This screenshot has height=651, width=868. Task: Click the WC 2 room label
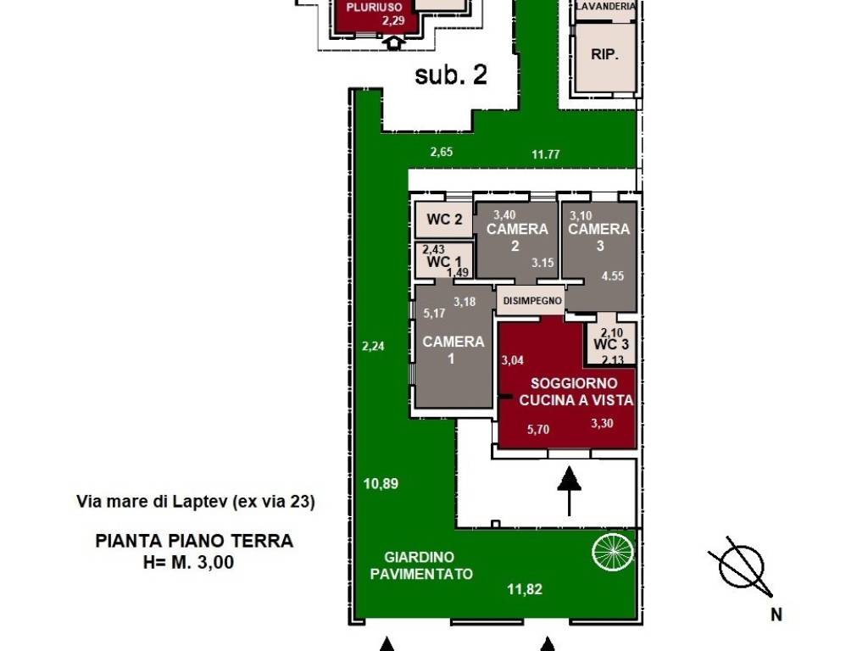[444, 220]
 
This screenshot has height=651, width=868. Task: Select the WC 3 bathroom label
[611, 344]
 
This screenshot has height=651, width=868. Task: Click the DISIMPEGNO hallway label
[532, 301]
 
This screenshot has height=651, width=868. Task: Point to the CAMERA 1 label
[453, 350]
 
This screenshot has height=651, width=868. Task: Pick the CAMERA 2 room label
[516, 237]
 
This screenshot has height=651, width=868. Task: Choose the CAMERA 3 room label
[599, 237]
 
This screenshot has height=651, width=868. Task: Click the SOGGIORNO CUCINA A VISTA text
[576, 392]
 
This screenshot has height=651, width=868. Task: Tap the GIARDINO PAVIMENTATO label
[420, 565]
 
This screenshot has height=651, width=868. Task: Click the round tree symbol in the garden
[613, 551]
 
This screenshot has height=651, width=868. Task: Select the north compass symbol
[741, 567]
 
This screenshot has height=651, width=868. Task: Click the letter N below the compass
[776, 615]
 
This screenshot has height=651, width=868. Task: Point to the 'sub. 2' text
[451, 75]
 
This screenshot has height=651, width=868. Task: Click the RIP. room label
[604, 55]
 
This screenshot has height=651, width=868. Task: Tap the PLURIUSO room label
[374, 8]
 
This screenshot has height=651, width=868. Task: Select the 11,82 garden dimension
[525, 590]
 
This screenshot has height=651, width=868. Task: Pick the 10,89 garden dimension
[381, 483]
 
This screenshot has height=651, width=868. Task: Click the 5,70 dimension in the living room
[538, 429]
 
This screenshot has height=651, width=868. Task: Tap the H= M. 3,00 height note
[188, 563]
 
